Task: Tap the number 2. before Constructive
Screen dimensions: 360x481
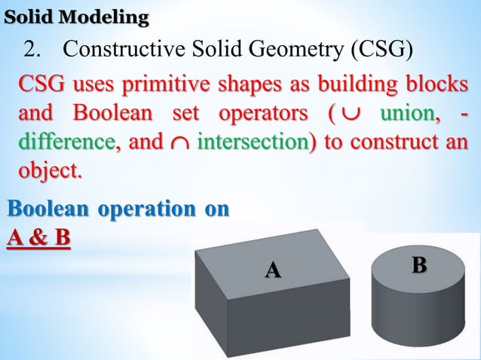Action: tap(35, 50)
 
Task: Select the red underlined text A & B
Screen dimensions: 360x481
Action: tap(38, 238)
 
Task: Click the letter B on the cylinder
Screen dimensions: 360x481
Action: tap(419, 265)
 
